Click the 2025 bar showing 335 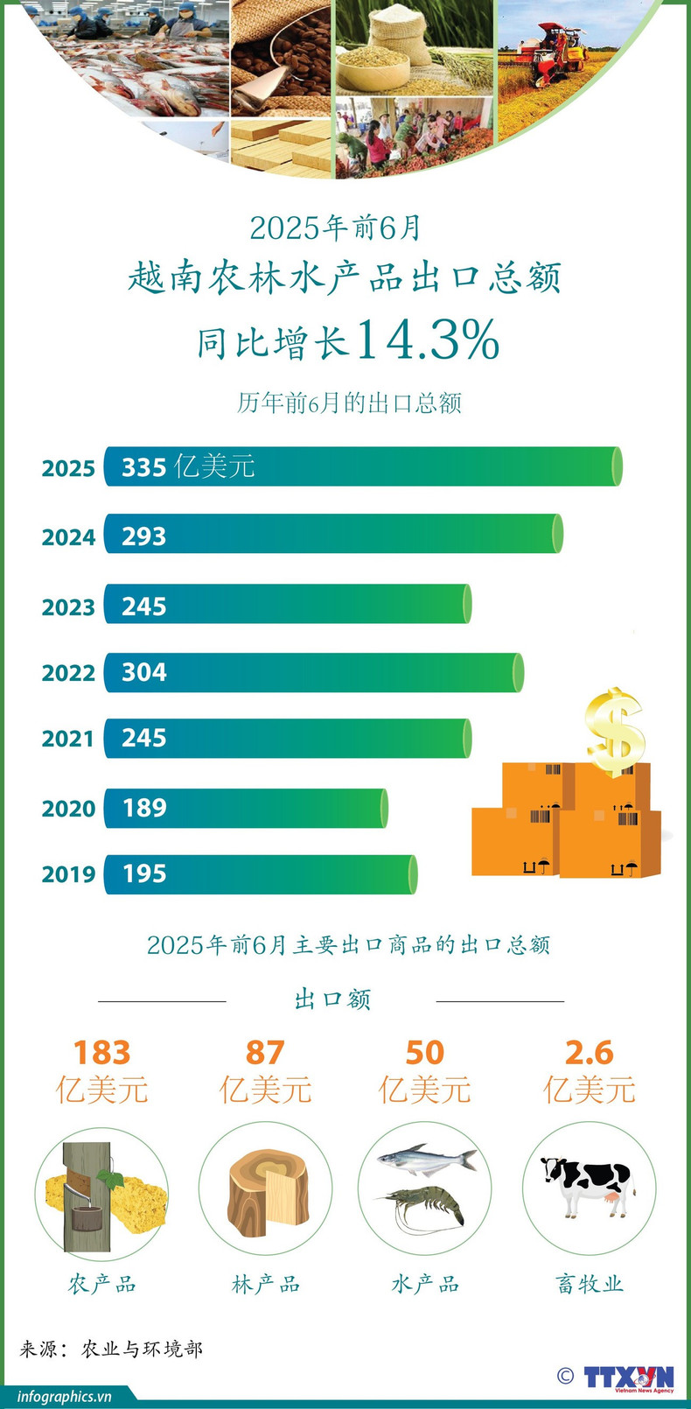[363, 466]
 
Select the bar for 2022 [314, 672]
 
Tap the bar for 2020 [246, 808]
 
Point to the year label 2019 [68, 874]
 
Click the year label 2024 [68, 536]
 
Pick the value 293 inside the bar [144, 536]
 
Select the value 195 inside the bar [144, 874]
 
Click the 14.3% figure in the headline [428, 340]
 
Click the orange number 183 [101, 1052]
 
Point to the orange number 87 [265, 1052]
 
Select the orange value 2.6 [589, 1052]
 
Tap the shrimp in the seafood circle [427, 1206]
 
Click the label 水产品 [425, 1284]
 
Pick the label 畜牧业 [589, 1284]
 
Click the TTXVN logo [629, 1376]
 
